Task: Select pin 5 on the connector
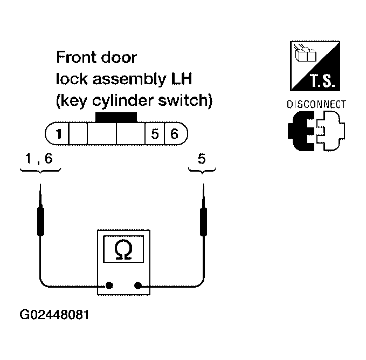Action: click(155, 133)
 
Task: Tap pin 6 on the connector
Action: click(174, 133)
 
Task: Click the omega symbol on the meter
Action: click(123, 249)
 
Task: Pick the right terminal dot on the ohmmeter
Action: click(139, 286)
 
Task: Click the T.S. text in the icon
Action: click(322, 83)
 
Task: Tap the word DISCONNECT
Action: click(316, 104)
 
